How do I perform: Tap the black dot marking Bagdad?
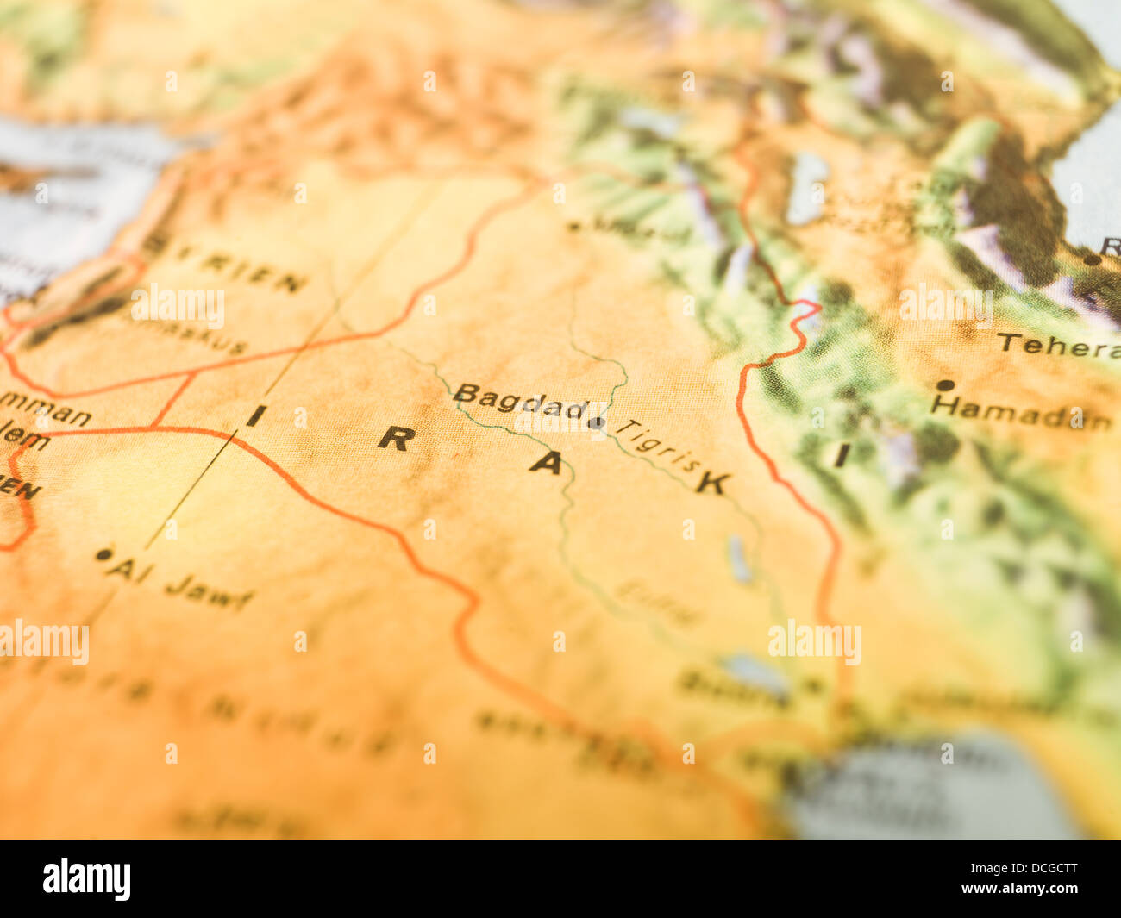coord(596,422)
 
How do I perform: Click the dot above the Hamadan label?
coord(945,385)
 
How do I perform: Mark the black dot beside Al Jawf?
coord(104,554)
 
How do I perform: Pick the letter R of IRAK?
coord(396,439)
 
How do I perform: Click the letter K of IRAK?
coord(712,483)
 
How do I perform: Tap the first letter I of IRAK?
coord(255,416)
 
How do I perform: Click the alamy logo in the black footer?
coord(87,879)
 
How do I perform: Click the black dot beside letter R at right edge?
coord(1092,259)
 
